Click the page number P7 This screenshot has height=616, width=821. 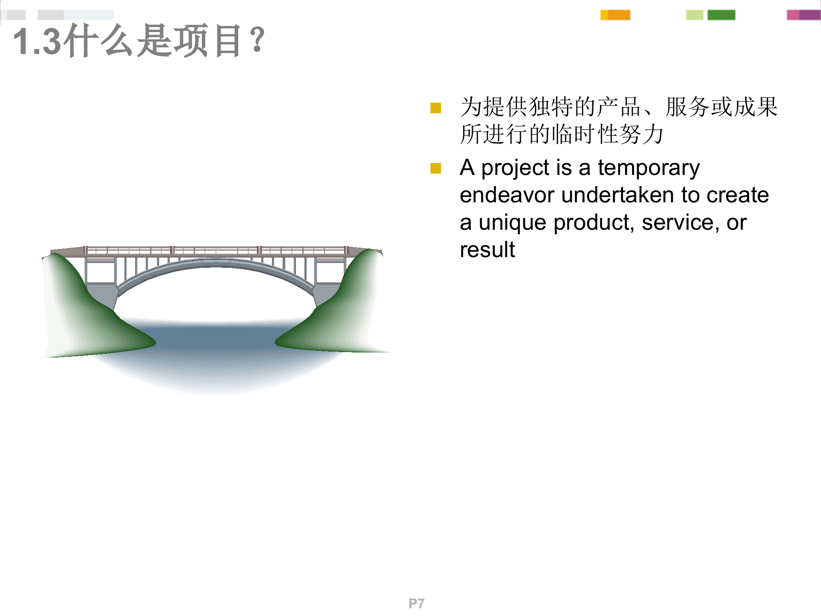416,604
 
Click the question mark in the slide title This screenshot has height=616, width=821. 258,40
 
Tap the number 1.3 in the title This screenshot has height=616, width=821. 37,41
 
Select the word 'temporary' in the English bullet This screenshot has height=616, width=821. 649,168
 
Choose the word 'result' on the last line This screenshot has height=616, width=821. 487,250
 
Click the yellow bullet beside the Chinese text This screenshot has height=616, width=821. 436,108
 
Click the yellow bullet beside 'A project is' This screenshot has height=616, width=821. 436,168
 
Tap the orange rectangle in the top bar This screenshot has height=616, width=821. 619,15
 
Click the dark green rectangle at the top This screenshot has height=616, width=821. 721,15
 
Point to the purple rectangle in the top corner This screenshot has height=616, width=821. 809,15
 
